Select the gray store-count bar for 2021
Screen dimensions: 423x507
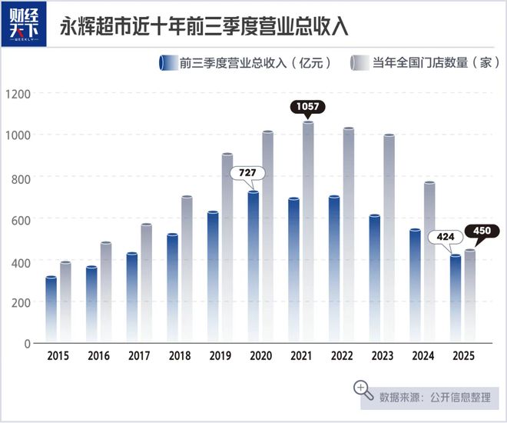pyautogui.click(x=308, y=231)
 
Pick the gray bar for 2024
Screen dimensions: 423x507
pyautogui.click(x=429, y=261)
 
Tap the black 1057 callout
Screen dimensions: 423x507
pyautogui.click(x=308, y=106)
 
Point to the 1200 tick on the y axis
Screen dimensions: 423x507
pyautogui.click(x=17, y=94)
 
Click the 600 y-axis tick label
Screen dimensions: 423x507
pyautogui.click(x=20, y=219)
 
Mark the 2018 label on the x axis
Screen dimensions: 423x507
pyautogui.click(x=179, y=356)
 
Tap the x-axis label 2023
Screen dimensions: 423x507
pyautogui.click(x=382, y=356)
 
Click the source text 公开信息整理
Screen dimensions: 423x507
pyautogui.click(x=462, y=397)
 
